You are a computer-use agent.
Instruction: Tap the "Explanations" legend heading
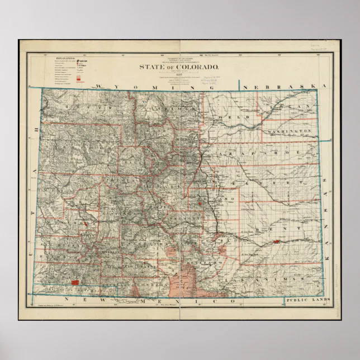pos(66,58)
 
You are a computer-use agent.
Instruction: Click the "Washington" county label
pos(289,131)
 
